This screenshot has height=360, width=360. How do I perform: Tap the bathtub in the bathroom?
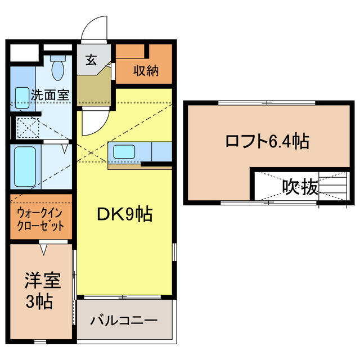coord(25,166)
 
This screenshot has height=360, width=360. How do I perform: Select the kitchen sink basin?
coord(124,151)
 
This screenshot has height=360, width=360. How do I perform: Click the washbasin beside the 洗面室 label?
coord(22,98)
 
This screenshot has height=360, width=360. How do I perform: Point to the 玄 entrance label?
coord(91,60)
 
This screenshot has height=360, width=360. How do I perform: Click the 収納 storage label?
coord(146,70)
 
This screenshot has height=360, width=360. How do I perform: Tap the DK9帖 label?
coord(125,214)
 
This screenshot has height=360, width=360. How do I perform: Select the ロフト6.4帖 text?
coord(267,141)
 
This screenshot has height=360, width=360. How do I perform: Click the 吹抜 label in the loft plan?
coord(300,187)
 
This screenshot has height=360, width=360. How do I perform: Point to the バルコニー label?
coord(124,320)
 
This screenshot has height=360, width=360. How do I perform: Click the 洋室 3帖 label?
coord(43,290)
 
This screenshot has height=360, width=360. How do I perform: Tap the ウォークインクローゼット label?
coord(40,220)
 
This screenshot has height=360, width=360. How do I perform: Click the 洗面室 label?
coord(50,94)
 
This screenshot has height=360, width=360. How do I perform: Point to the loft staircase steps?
coord(334,186)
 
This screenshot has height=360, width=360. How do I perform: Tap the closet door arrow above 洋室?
coord(43,249)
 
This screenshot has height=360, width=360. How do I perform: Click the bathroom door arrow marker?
coord(65,148)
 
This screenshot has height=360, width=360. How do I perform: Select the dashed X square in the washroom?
coord(28,128)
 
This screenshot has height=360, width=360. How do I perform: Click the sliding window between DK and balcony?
coord(123,297)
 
